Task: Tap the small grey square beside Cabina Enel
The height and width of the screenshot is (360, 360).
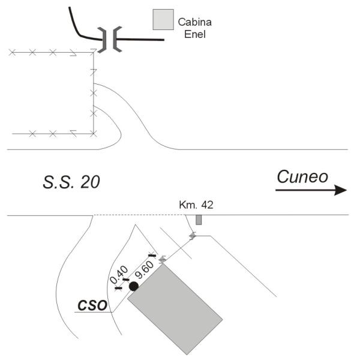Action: pyautogui.click(x=163, y=20)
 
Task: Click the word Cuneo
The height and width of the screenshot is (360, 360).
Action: pyautogui.click(x=302, y=176)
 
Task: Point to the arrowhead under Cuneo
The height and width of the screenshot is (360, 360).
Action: pyautogui.click(x=341, y=190)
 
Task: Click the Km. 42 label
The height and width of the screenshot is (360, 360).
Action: pyautogui.click(x=196, y=205)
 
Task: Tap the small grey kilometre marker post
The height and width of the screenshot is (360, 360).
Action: pyautogui.click(x=199, y=220)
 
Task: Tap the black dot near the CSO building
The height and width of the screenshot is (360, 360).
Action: pyautogui.click(x=133, y=286)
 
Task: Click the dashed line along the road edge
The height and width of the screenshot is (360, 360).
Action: pyautogui.click(x=138, y=215)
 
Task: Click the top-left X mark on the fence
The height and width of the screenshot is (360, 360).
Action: pyautogui.click(x=12, y=53)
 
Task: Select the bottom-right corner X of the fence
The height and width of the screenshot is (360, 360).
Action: pyautogui.click(x=93, y=133)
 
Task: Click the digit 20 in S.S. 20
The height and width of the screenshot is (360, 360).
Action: pyautogui.click(x=86, y=181)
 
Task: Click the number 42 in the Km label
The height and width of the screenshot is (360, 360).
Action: pyautogui.click(x=206, y=205)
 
